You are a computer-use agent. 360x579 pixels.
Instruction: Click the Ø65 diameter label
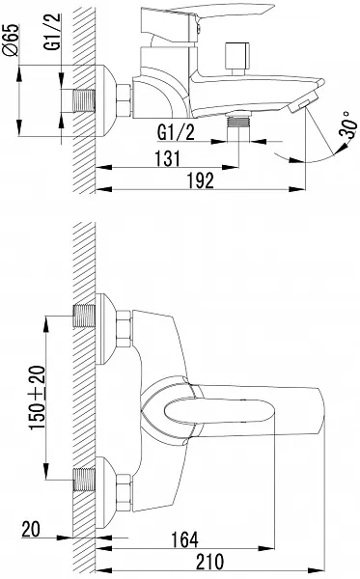(x=12, y=40)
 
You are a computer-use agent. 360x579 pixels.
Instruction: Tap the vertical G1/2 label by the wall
(x=52, y=32)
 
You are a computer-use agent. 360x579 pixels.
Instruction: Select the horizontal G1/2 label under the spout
(x=176, y=132)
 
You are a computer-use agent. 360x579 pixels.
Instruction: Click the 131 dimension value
(x=168, y=158)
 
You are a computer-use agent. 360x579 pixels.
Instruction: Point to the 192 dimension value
(x=200, y=180)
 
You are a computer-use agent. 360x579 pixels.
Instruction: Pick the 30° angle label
(x=347, y=124)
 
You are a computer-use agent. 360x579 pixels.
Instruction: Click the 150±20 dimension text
(x=38, y=398)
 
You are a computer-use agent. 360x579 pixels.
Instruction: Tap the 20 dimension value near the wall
(x=31, y=529)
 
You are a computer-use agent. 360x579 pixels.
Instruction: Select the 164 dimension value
(x=184, y=539)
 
